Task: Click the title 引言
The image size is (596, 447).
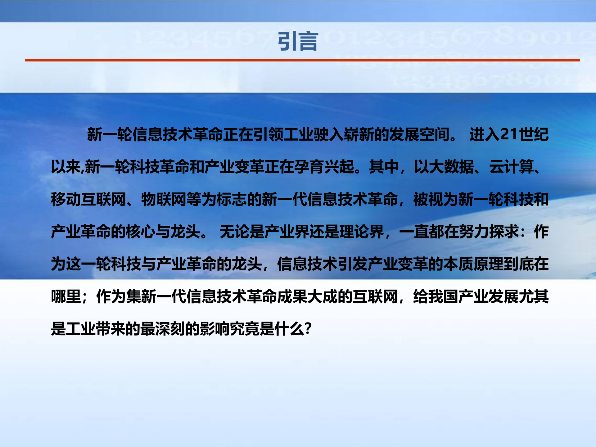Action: click(x=298, y=41)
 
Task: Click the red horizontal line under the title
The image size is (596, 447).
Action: click(x=302, y=60)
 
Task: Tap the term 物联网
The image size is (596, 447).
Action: click(x=164, y=199)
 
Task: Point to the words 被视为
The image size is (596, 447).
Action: click(x=435, y=199)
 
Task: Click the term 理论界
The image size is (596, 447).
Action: click(x=362, y=232)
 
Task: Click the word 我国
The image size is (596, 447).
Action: click(x=443, y=296)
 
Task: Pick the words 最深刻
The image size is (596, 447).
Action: click(x=163, y=329)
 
